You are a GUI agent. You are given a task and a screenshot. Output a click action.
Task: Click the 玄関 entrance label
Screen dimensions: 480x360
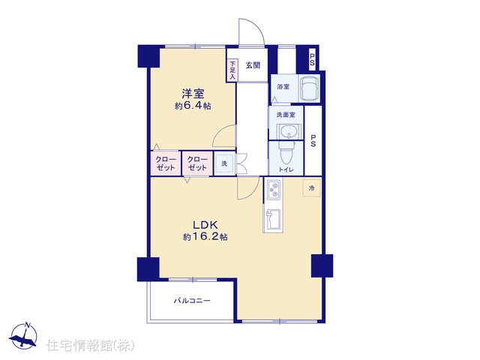click(253, 65)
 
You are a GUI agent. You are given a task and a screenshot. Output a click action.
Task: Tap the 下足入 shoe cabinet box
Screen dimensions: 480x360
click(232, 70)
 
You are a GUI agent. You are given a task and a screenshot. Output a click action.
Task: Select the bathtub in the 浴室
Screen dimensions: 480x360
click(309, 88)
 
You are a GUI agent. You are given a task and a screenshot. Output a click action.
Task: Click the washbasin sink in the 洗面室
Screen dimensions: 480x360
click(288, 133)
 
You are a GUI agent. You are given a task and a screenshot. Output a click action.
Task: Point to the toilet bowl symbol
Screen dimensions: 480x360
click(286, 153)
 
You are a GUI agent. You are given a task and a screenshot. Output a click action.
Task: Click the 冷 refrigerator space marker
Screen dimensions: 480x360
click(312, 187)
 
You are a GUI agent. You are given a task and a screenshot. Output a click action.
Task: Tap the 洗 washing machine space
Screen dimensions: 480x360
click(224, 163)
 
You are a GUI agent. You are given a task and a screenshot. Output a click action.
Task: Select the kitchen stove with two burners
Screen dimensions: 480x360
click(273, 190)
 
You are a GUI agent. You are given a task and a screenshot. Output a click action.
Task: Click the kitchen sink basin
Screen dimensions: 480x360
click(273, 219)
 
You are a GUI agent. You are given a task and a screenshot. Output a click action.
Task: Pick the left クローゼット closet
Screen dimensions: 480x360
click(165, 163)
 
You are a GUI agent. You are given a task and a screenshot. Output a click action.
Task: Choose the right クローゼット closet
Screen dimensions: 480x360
click(197, 163)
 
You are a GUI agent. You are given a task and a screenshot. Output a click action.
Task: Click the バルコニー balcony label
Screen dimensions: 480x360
click(192, 301)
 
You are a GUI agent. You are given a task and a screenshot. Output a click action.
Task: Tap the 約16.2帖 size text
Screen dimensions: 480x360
click(205, 237)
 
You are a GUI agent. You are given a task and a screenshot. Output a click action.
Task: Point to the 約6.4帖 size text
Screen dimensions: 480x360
click(193, 106)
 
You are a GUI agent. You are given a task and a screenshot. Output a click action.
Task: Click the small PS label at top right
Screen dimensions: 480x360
click(312, 60)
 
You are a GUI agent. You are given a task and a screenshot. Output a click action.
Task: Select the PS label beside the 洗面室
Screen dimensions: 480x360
click(313, 141)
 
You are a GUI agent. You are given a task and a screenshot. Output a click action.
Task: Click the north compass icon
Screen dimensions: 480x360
click(23, 336)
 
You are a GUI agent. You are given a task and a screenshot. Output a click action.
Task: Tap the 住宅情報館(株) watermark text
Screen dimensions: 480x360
click(90, 345)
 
